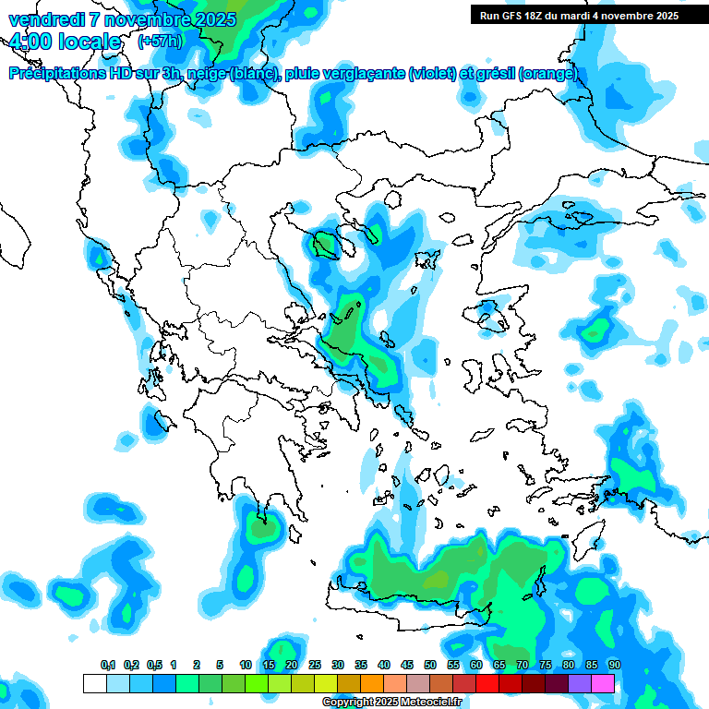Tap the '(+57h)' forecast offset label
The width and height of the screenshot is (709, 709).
(x=160, y=42)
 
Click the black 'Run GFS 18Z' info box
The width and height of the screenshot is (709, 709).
(x=579, y=15)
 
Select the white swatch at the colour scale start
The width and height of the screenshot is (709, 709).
(x=94, y=683)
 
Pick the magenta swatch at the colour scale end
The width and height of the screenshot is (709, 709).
(x=603, y=683)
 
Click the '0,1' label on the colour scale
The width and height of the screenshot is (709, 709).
(x=107, y=665)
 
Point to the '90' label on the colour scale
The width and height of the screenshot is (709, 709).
(x=614, y=665)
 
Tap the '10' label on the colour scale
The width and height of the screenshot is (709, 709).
(x=246, y=665)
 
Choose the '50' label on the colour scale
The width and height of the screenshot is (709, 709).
(x=430, y=665)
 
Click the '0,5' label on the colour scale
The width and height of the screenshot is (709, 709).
(x=153, y=665)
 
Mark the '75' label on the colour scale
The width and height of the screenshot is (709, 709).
(x=545, y=665)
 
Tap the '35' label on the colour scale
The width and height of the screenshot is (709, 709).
(x=360, y=665)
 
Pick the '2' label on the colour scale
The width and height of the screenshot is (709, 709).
(x=198, y=665)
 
